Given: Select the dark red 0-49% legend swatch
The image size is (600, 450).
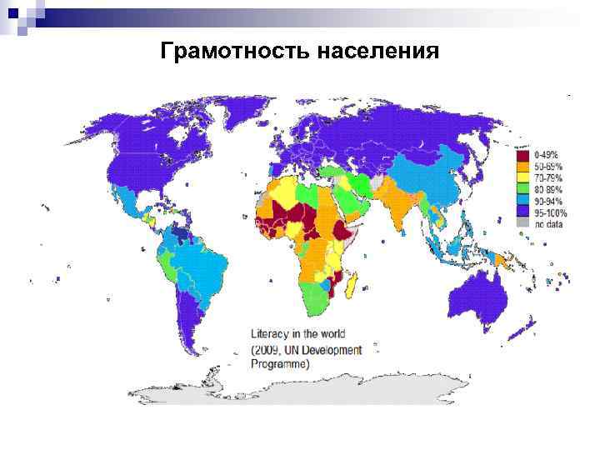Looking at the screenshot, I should (x=522, y=155).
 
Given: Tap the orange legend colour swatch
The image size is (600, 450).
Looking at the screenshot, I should (x=522, y=166).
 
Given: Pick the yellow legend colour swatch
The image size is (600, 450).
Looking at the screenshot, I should (x=522, y=177).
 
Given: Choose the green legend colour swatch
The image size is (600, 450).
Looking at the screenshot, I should (x=522, y=189).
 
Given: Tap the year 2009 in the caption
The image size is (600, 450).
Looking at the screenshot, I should (x=275, y=349).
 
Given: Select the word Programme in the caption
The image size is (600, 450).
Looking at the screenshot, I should (x=281, y=364).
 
